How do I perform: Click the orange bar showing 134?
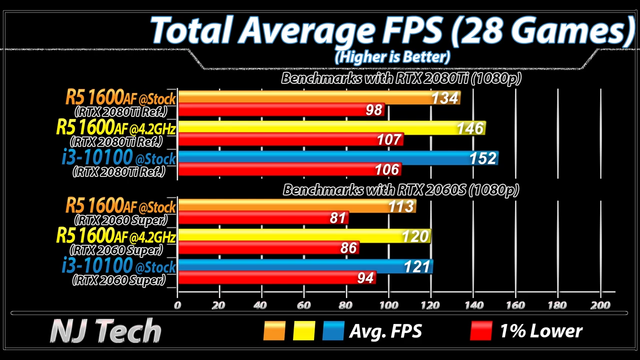pos(319,98)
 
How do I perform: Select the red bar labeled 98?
pos(281,110)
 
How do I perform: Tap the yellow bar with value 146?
pos(332,128)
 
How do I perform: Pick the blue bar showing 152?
pos(338,158)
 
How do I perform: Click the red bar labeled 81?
pos(263,218)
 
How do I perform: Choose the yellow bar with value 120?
pos(304,236)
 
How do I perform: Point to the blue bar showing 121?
pos(306,266)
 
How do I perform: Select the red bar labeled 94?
pos(277,278)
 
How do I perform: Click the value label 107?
pos(389,140)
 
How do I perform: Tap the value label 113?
pos(401,207)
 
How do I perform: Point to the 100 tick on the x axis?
pos(388,305)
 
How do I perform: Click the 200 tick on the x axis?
pos(600,305)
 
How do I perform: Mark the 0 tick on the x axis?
pos(177,305)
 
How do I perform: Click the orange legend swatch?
pos(274,331)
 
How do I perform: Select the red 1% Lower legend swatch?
pos(481,331)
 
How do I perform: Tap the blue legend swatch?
pos(333,331)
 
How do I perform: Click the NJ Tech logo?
pos(106,331)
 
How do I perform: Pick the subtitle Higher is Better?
pos(393,57)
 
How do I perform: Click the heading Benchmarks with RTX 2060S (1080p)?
pos(401,190)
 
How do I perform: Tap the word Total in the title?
pos(192,31)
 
